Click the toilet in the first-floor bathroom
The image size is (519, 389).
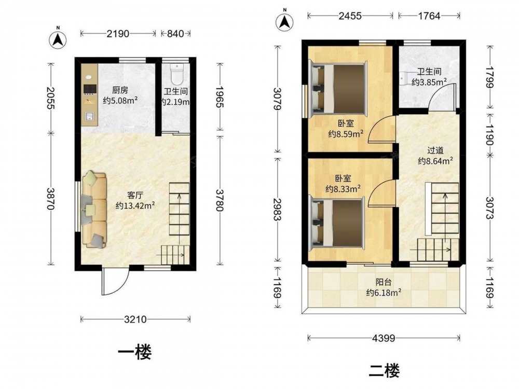coord(177,73)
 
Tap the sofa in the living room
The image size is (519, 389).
coord(94,210)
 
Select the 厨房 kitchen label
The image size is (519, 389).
coord(120,90)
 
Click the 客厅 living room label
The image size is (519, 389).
coord(135,195)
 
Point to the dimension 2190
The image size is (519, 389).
coord(118,33)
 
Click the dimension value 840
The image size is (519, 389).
coord(175,33)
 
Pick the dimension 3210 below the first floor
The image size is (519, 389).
coord(135,319)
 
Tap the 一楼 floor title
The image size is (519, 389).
coord(135,352)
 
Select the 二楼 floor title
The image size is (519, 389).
coord(384,370)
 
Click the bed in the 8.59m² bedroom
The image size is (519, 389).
coord(338,89)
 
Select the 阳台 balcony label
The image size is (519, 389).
coord(384,283)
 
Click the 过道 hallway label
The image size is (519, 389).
coord(435,151)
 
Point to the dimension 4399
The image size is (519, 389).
coord(384,338)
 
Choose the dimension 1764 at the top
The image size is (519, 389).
coord(429,16)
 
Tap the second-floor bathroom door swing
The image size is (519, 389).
coord(443,96)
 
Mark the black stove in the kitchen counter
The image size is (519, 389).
coord(90,89)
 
